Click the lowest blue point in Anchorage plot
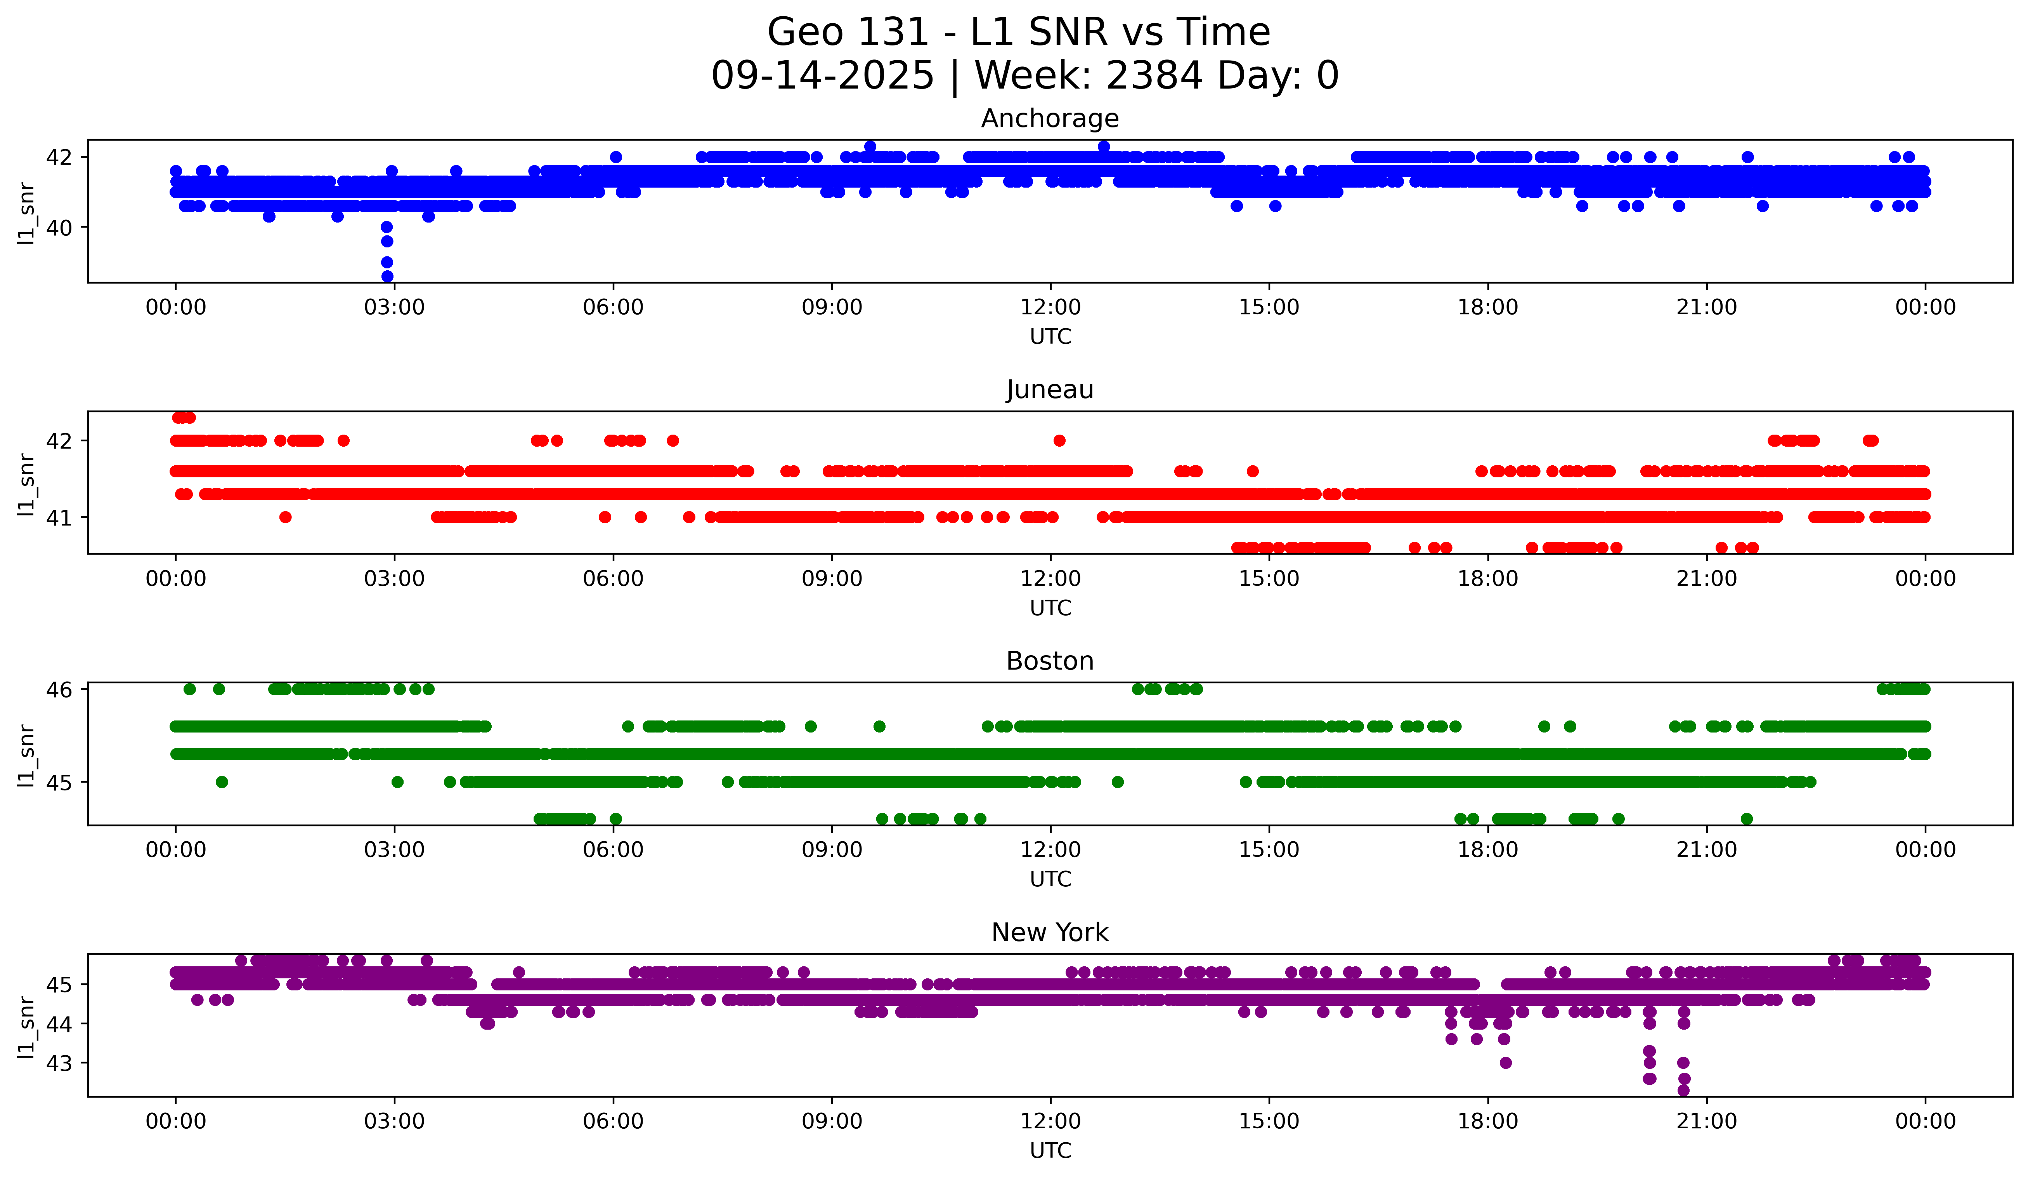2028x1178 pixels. (x=387, y=276)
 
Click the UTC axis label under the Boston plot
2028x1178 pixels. (x=1050, y=879)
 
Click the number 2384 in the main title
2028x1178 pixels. (x=1154, y=76)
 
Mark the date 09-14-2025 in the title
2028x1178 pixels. (x=822, y=76)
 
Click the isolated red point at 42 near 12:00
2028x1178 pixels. (x=1059, y=440)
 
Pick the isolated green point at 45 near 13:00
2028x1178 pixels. (x=1117, y=782)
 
